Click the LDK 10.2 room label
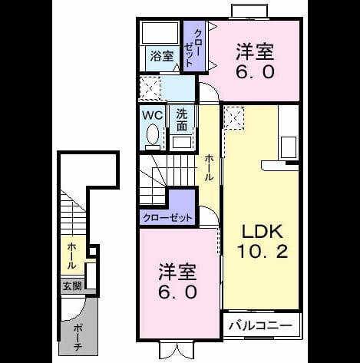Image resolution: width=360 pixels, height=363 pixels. tap(263, 241)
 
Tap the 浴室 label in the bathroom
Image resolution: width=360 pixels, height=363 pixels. tap(162, 56)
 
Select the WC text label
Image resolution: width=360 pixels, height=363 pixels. tap(153, 116)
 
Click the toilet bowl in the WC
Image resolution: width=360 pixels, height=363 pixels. tap(153, 135)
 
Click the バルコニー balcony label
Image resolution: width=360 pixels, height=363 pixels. tap(260, 325)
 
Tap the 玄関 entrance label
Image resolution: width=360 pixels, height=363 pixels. tap(72, 286)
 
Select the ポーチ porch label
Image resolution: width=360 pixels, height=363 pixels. tap(77, 338)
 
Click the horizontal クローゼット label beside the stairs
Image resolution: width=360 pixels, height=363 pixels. tap(167, 218)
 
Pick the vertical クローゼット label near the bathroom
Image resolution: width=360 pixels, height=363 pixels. tap(193, 48)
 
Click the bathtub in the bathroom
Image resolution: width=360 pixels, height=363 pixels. tap(160, 33)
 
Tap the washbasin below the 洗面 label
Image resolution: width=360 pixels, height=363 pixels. tap(182, 142)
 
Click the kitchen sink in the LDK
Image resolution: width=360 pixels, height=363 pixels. tap(289, 147)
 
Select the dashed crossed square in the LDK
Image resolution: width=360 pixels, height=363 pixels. tap(234, 118)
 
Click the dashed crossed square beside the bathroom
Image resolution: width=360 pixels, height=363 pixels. tap(150, 88)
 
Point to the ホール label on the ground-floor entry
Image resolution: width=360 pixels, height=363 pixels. tap(72, 256)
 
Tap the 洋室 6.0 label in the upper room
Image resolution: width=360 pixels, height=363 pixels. tap(255, 61)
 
